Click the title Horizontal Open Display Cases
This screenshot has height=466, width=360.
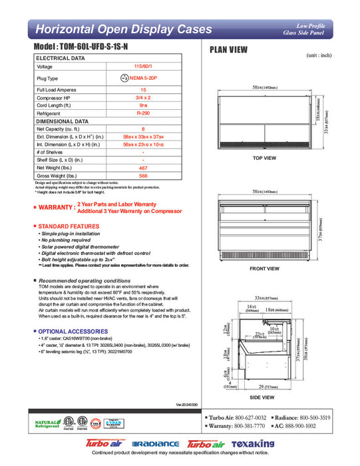coord(123,29)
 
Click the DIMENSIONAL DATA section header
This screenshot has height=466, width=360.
coord(62,122)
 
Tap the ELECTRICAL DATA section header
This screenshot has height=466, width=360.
coord(61,59)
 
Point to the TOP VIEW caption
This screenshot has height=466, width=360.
coord(264,158)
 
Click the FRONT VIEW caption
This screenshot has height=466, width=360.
coord(264,269)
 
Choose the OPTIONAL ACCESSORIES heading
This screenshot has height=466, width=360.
coord(72,331)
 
